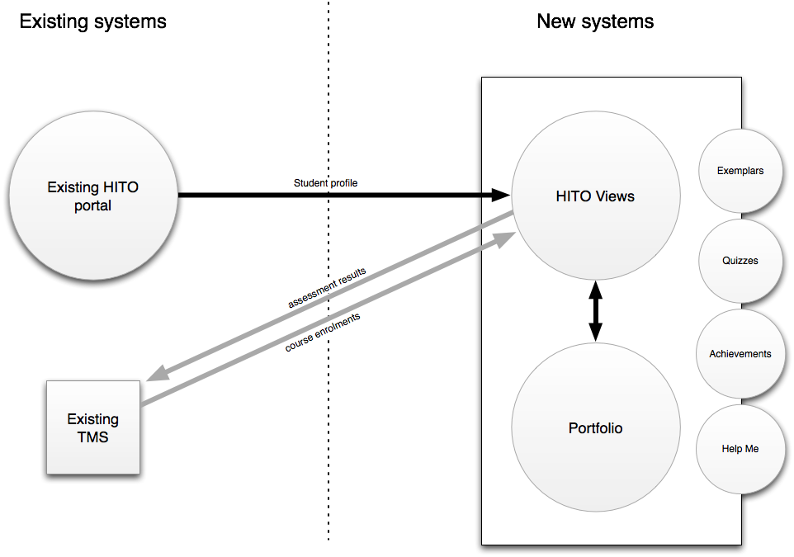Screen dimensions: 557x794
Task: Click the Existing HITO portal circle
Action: coord(92,196)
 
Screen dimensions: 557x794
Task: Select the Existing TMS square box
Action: coord(93,427)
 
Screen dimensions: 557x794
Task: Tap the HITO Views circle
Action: coord(595,196)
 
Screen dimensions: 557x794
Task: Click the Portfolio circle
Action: coord(595,428)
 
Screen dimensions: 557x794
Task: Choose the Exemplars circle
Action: coord(740,171)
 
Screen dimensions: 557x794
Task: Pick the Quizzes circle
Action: coord(740,261)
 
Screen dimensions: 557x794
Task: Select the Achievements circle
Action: coord(740,354)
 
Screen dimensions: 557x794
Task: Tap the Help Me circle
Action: coord(740,449)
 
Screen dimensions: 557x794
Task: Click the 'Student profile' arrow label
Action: coord(325,182)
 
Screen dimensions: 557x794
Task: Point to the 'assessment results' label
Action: coord(327,287)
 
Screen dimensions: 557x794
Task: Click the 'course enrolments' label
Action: coord(323,332)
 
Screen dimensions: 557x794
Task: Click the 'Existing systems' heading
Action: coord(92,21)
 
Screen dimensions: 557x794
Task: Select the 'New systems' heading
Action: coord(595,21)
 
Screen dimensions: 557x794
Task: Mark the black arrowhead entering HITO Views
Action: coord(500,196)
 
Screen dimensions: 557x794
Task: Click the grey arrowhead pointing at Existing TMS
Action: coord(158,373)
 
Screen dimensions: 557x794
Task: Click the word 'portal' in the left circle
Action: coord(92,205)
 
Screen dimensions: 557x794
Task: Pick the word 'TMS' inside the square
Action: coord(93,437)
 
